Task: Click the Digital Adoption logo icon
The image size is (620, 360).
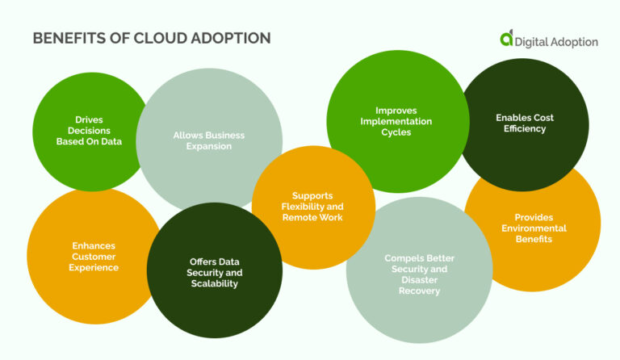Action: [506, 38]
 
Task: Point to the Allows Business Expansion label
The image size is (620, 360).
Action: [208, 140]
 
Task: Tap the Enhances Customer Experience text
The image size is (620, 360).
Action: [94, 256]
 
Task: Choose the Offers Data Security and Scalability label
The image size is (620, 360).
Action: [216, 273]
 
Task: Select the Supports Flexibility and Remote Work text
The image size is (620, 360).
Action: [312, 207]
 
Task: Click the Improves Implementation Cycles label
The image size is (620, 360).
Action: [396, 121]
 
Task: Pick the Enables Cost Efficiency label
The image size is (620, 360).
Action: [525, 123]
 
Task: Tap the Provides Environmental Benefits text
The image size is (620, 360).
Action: [540, 228]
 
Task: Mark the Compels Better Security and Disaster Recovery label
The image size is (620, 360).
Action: [419, 274]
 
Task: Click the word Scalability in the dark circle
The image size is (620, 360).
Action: [216, 284]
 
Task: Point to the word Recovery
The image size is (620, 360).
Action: [419, 291]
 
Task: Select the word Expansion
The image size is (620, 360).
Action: [208, 146]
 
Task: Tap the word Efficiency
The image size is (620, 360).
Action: [525, 128]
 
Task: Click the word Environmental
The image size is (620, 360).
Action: [540, 228]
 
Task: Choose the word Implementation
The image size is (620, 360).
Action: [396, 121]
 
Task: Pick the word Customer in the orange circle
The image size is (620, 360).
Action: [94, 256]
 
